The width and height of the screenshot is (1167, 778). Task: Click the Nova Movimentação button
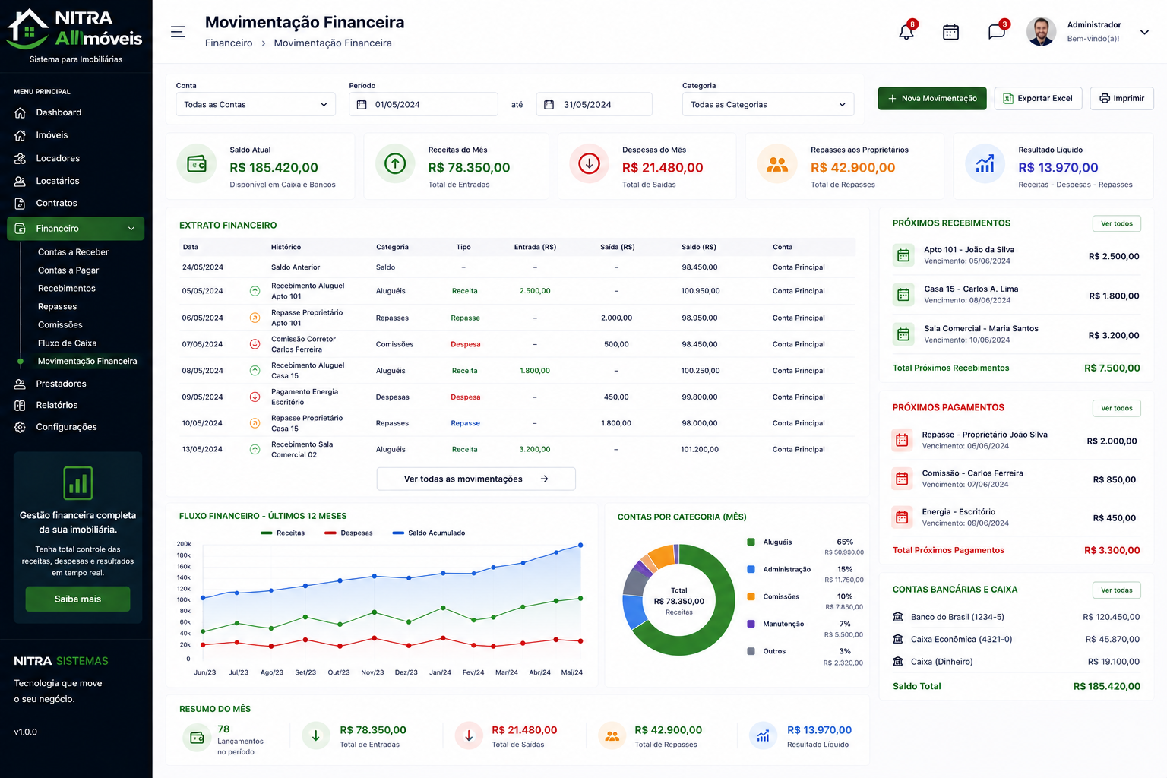(932, 98)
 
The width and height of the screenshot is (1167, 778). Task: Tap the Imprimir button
(1121, 98)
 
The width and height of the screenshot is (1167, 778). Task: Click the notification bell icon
(906, 32)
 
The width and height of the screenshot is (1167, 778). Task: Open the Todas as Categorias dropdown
(768, 104)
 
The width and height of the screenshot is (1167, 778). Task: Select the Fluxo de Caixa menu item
(67, 343)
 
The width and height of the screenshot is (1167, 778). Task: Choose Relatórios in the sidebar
(57, 405)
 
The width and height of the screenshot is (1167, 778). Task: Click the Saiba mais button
(77, 599)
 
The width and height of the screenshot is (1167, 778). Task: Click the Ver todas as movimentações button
(476, 479)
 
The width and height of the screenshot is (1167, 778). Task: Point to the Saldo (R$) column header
(699, 247)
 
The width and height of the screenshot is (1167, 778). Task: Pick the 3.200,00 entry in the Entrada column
(535, 449)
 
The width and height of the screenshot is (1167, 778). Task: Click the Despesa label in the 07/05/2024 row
(465, 344)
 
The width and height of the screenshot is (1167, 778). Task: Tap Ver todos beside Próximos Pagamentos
(1116, 408)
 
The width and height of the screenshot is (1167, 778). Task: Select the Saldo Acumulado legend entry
(429, 533)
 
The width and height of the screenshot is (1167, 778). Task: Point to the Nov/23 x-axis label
(372, 672)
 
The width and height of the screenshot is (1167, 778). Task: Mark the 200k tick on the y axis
(184, 544)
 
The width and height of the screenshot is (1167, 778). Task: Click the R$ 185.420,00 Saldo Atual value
(274, 167)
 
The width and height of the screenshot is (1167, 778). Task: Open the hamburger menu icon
(178, 32)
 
